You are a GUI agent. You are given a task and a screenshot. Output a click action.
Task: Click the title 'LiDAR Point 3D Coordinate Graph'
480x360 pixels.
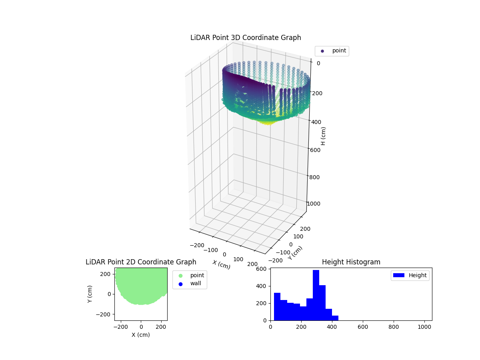(246, 38)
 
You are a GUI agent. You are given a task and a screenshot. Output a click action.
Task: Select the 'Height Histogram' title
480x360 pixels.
(351, 262)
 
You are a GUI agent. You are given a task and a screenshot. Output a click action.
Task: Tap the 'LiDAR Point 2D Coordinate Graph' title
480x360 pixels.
(141, 262)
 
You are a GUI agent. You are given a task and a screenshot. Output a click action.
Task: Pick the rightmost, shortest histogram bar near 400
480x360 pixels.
(335, 318)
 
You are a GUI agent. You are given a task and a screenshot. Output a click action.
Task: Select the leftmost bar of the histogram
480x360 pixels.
(277, 306)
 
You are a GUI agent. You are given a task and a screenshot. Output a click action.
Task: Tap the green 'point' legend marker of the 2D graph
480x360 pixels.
(180, 276)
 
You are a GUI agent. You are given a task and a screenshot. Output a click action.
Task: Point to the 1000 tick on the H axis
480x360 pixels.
(314, 204)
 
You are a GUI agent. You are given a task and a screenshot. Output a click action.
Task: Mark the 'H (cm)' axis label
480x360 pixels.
(324, 136)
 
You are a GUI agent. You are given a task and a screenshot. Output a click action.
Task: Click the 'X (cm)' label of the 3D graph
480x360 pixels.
(221, 264)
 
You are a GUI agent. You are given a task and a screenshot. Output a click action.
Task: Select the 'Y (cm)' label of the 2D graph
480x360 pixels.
(90, 294)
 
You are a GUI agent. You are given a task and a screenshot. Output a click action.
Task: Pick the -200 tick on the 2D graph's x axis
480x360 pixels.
(120, 327)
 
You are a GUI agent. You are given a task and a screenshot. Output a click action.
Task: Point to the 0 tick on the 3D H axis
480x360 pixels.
(318, 63)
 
